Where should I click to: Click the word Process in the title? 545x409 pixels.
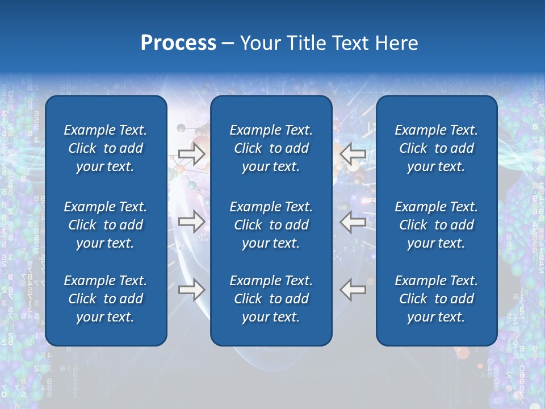coord(178,43)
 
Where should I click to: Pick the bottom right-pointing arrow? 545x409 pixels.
coord(191,290)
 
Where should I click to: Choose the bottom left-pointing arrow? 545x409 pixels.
coord(353,290)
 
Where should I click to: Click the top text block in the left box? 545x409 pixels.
coord(106,148)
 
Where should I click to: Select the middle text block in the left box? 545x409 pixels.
coord(106,225)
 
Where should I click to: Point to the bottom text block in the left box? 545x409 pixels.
coord(106,299)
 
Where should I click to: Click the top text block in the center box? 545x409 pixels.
coord(271,148)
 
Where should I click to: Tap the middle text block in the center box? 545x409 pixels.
coord(271,225)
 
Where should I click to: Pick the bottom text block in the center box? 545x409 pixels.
coord(271,299)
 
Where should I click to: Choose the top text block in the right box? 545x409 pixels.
coord(436,148)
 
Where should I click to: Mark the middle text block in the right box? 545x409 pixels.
coord(436,225)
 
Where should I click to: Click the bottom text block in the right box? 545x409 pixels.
coord(436,299)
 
